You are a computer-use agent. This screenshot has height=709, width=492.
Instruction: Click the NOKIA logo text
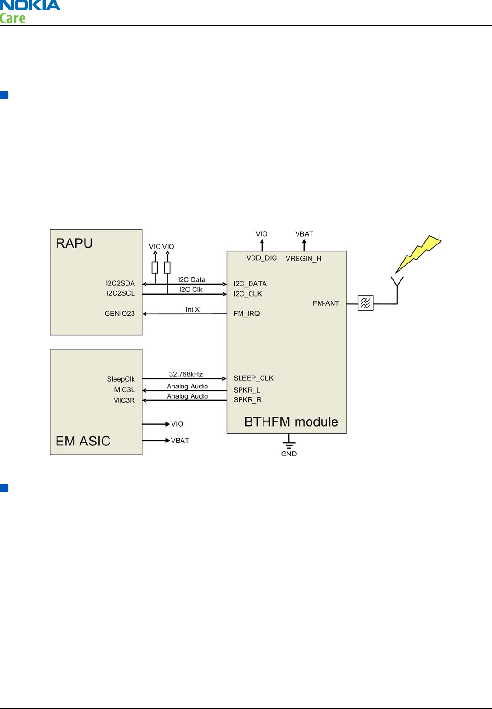click(30, 6)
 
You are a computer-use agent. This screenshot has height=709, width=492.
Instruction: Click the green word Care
click(13, 19)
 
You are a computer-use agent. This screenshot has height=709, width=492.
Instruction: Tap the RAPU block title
click(74, 244)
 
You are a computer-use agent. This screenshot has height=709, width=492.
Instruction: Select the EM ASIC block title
click(83, 441)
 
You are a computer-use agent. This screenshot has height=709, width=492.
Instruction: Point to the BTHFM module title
click(291, 422)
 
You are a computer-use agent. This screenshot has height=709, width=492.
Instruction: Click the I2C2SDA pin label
click(120, 283)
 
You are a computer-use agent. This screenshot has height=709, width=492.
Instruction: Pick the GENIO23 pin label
click(119, 314)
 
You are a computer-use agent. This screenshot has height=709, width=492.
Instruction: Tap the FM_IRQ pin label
click(246, 314)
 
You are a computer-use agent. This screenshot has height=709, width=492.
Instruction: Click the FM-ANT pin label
click(326, 303)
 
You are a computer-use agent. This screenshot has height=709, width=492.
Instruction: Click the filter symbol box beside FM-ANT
click(366, 303)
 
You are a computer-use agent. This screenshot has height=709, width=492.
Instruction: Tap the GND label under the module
click(288, 453)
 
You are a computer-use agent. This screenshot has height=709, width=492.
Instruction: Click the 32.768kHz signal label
click(185, 374)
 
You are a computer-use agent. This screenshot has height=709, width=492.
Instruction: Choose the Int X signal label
click(193, 310)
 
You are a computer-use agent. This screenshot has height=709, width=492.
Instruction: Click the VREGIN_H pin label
click(304, 259)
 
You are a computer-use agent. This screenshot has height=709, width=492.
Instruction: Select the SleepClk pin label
click(121, 379)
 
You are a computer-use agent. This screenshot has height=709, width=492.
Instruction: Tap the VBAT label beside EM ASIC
click(180, 441)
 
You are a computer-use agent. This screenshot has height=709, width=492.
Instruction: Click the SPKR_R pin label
click(247, 400)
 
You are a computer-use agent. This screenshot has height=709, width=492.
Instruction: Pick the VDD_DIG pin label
click(262, 258)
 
